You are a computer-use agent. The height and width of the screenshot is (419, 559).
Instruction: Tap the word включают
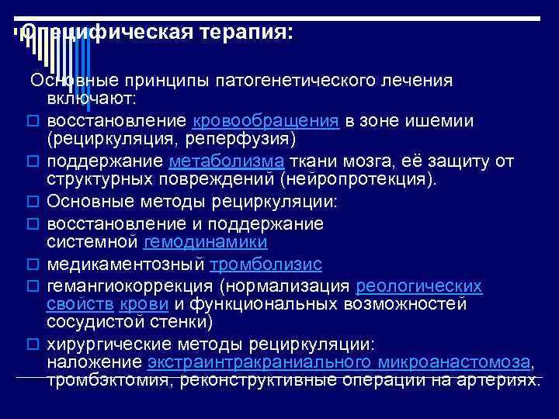[91, 99]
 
